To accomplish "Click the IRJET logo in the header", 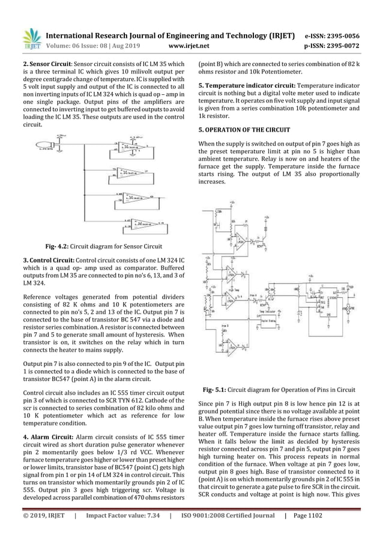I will tap(31, 37).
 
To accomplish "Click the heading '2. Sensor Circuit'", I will tap(48, 62).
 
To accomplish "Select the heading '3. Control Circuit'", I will tap(50, 260).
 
